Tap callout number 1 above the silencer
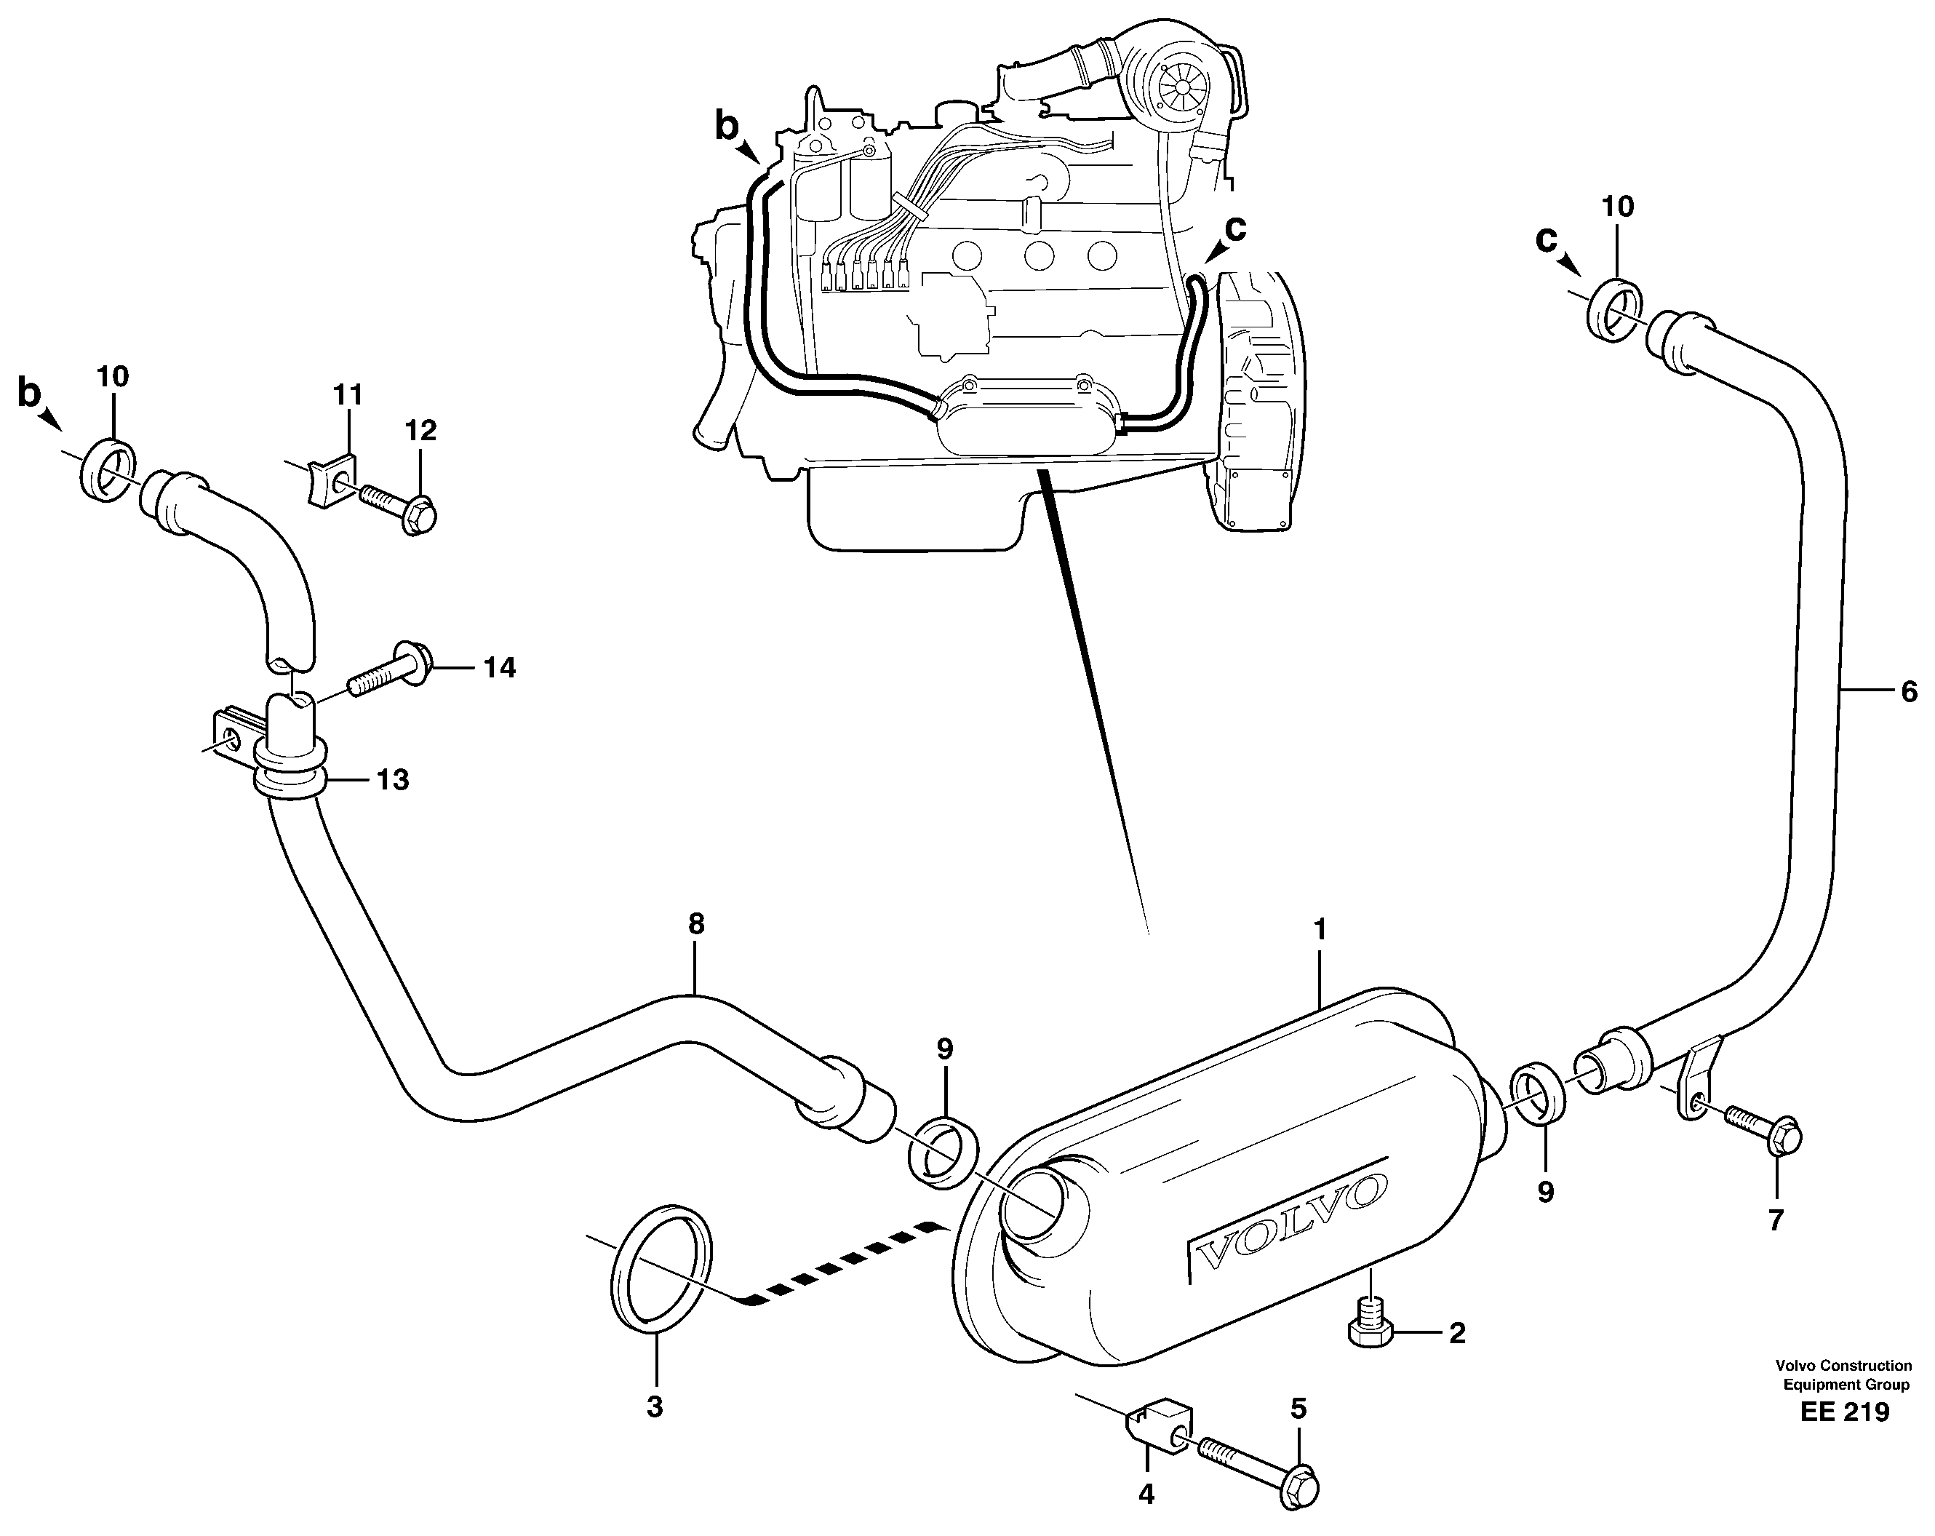[1320, 930]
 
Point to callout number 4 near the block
[1146, 1495]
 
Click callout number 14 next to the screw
[500, 667]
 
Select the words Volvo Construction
[1843, 1366]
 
